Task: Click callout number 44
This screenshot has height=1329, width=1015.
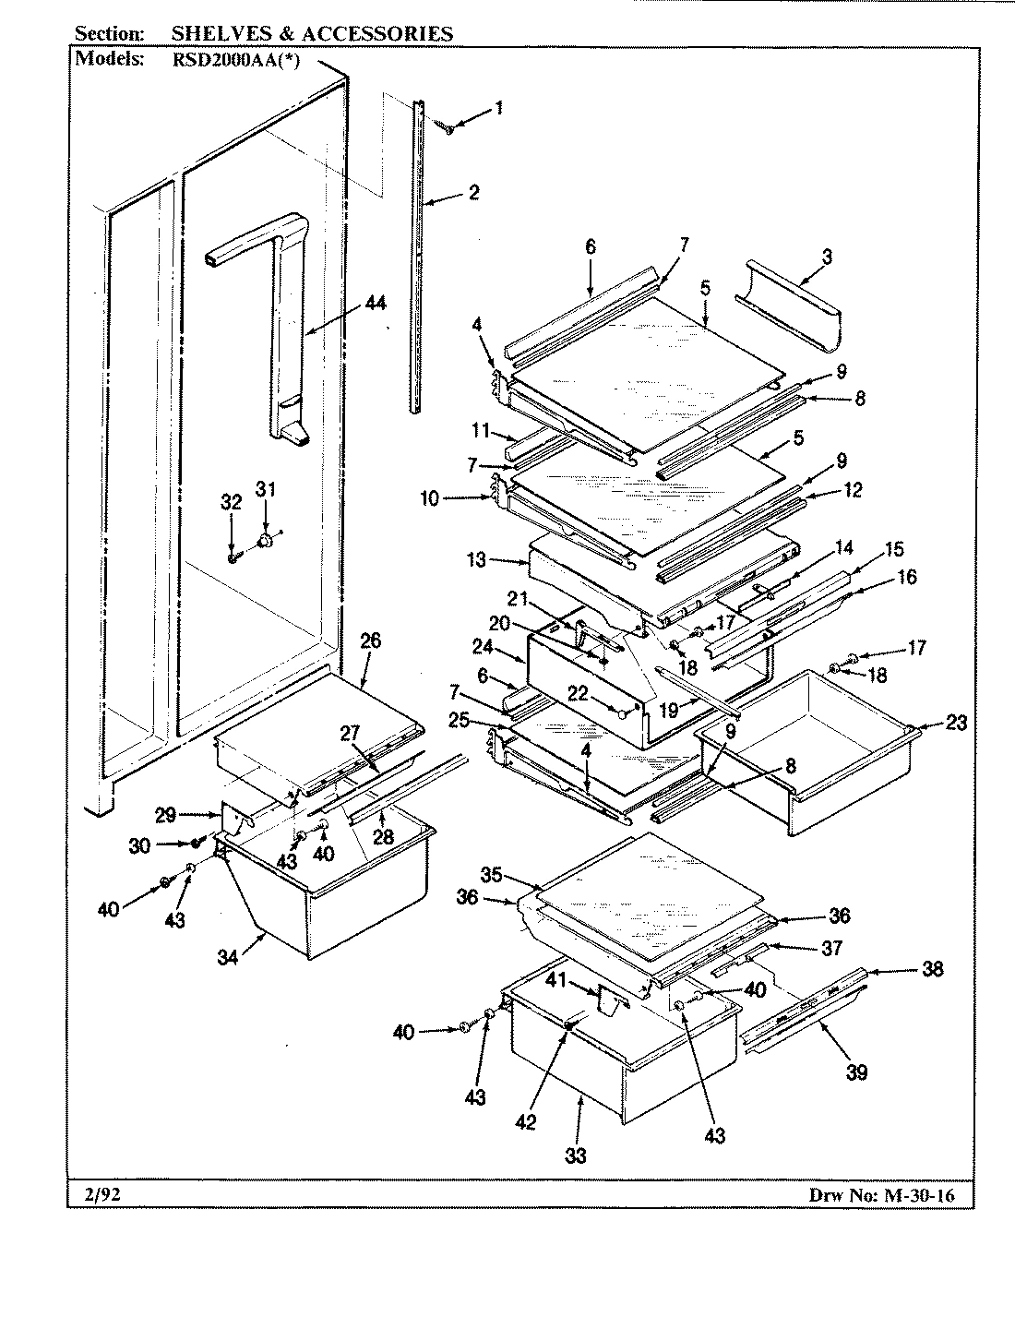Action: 350,304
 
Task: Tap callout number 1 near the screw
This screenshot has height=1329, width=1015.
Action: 498,108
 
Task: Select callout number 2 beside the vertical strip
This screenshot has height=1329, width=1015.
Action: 473,193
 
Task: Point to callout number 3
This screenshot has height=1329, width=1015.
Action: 826,257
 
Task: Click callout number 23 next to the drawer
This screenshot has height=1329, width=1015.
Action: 955,723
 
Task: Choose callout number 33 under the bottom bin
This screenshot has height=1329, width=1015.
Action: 576,1155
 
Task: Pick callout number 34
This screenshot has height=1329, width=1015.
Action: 228,958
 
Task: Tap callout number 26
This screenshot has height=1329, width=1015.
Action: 370,641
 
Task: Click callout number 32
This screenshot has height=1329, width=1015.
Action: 231,503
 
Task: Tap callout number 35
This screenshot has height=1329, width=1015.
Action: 493,873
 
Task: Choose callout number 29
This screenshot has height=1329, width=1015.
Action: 165,814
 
